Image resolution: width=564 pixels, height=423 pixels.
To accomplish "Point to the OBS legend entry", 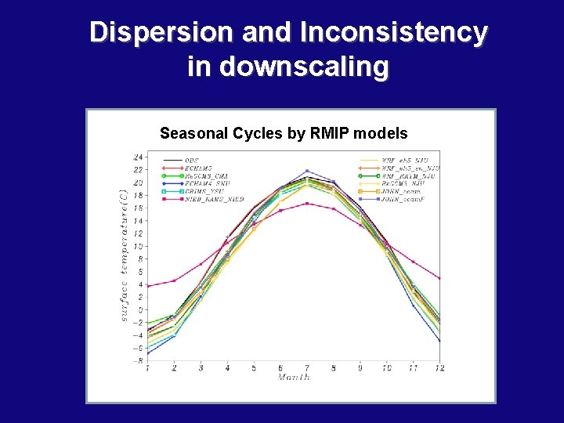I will coord(191,161).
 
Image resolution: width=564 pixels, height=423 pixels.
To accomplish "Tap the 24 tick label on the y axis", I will coord(139,157).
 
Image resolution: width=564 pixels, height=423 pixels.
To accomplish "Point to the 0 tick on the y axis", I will coord(141,310).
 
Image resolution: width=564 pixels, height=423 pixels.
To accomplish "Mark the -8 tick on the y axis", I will coord(139,361).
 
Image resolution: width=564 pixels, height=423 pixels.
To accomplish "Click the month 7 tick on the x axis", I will coord(307,368).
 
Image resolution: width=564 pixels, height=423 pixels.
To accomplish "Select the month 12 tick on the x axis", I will coord(439,368).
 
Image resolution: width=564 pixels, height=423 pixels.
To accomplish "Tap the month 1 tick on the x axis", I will coord(147,368).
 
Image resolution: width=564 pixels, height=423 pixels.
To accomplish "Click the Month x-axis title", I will coord(294,377).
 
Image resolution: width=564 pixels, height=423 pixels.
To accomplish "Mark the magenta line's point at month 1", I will coord(147,286).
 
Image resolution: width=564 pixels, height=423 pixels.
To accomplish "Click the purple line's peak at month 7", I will coord(307,171).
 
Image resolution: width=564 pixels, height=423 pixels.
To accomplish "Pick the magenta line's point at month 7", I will coord(307,204).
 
